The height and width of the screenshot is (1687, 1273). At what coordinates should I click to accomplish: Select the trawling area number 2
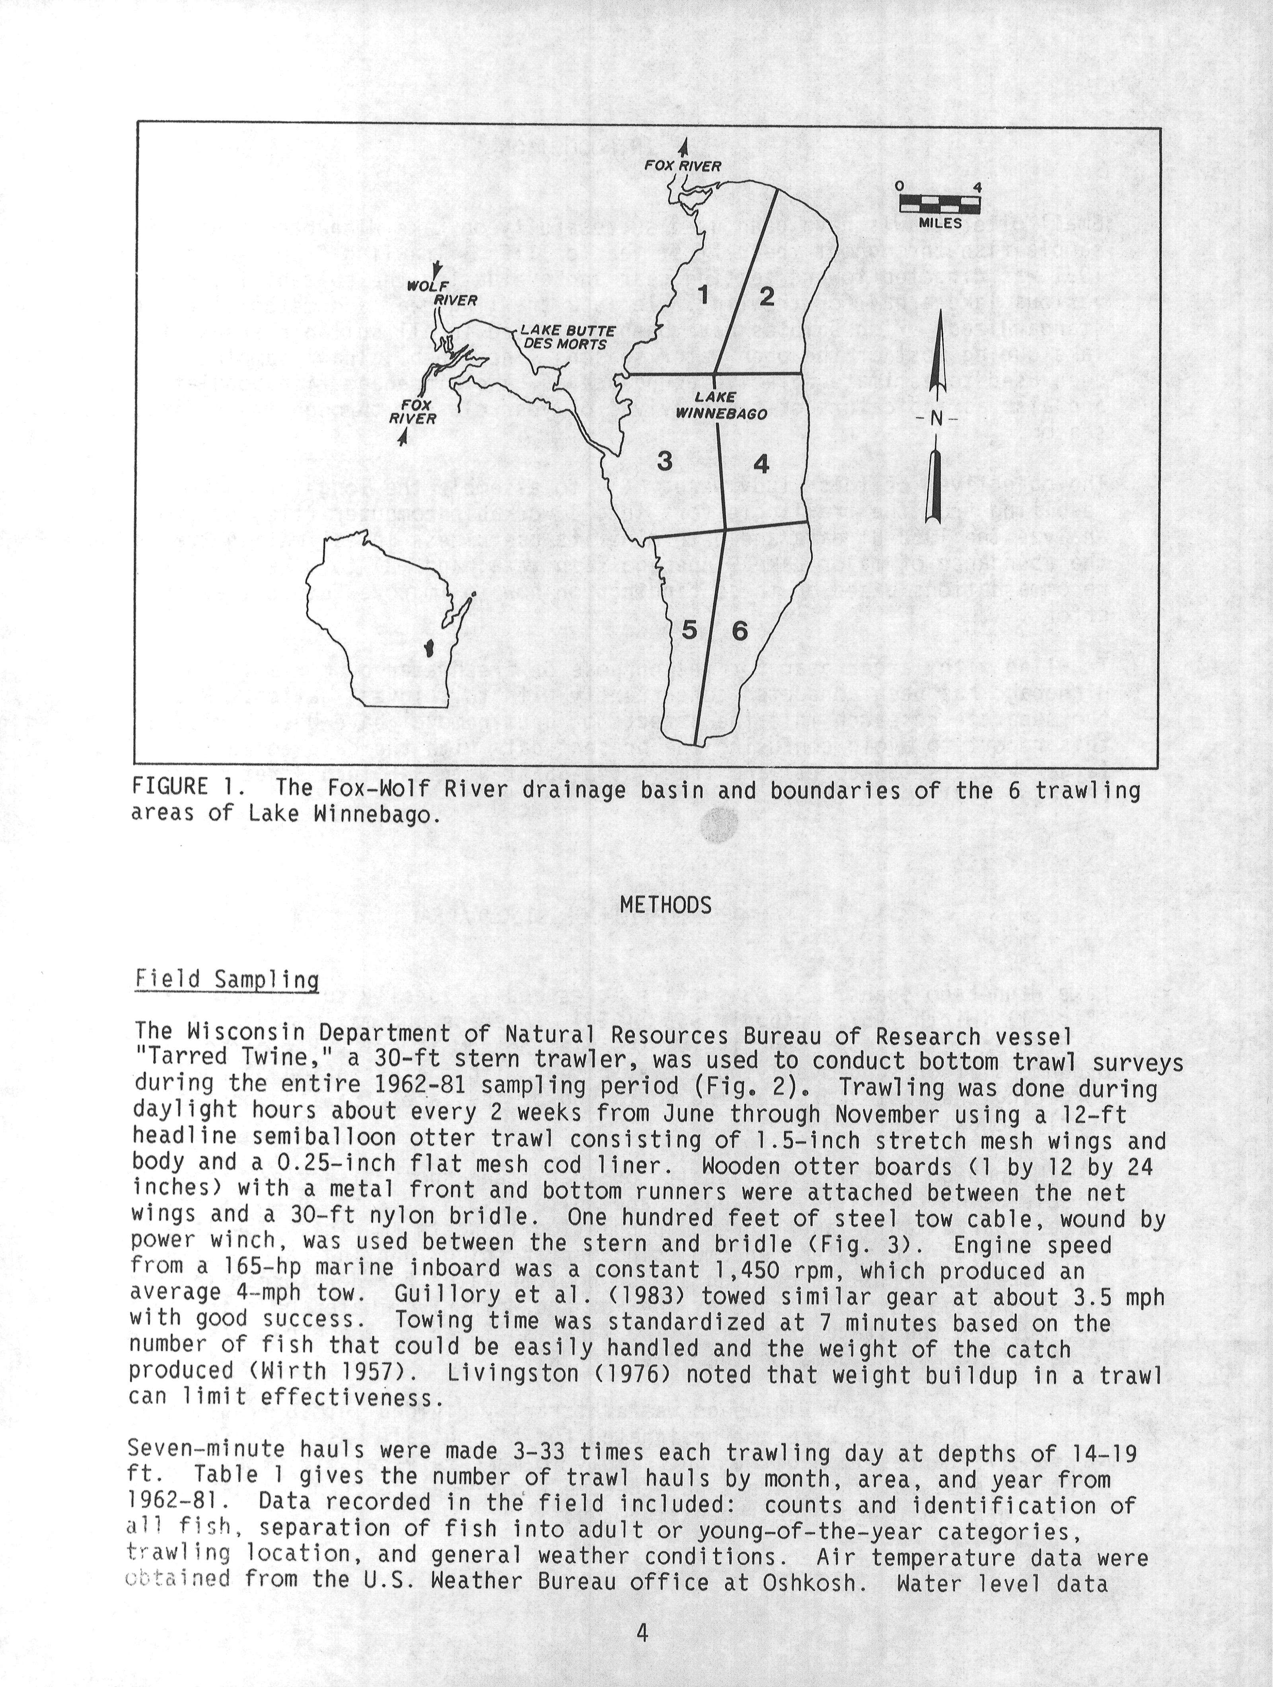pyautogui.click(x=767, y=296)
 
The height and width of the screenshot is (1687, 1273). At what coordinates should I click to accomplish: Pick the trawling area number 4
pyautogui.click(x=761, y=463)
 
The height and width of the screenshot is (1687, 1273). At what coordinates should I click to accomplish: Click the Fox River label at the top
pyautogui.click(x=683, y=166)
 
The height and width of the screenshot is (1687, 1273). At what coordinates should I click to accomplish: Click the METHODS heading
pyautogui.click(x=665, y=905)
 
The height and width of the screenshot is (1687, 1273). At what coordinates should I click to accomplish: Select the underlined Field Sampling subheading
pyautogui.click(x=226, y=979)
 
